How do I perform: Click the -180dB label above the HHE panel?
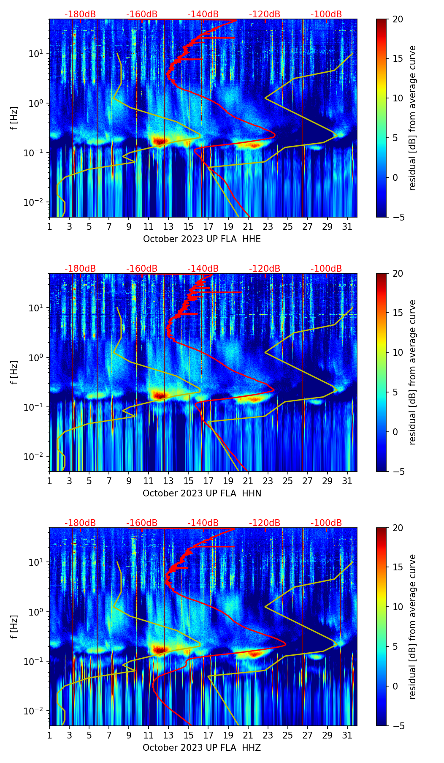pyautogui.click(x=80, y=14)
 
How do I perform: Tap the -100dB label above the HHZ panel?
pyautogui.click(x=326, y=523)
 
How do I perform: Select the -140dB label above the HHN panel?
pyautogui.click(x=203, y=269)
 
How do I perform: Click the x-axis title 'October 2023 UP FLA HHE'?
pyautogui.click(x=202, y=239)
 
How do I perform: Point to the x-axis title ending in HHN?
pyautogui.click(x=202, y=493)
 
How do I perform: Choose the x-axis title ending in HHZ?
pyautogui.click(x=202, y=748)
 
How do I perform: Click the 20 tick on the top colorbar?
pyautogui.click(x=398, y=19)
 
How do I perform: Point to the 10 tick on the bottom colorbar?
pyautogui.click(x=398, y=607)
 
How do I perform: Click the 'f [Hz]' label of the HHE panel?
pyautogui.click(x=15, y=118)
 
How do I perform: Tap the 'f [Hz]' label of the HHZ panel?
pyautogui.click(x=15, y=627)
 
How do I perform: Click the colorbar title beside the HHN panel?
pyautogui.click(x=412, y=372)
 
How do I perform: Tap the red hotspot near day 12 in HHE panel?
pyautogui.click(x=159, y=140)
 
